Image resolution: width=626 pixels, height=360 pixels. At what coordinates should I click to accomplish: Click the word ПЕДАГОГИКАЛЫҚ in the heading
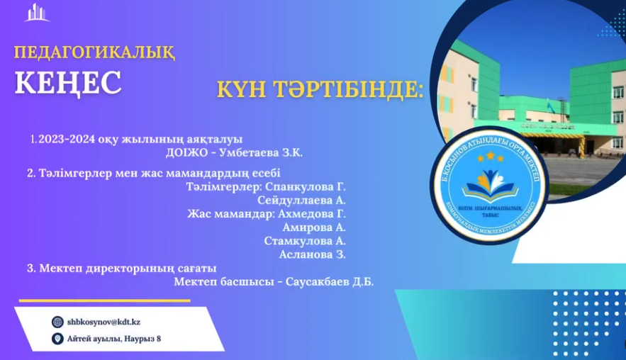(x=94, y=52)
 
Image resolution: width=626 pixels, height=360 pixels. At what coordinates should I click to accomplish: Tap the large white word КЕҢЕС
(x=68, y=82)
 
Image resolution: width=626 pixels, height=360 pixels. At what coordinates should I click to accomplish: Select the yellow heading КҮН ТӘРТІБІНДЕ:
(x=320, y=90)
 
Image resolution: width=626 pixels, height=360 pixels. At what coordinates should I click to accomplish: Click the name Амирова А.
(x=313, y=227)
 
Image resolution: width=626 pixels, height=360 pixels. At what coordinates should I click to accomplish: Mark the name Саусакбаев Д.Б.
(x=330, y=281)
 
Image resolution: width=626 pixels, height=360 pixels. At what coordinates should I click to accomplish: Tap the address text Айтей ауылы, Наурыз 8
(x=114, y=339)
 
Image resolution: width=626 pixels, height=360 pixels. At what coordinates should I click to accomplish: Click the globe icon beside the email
(x=57, y=322)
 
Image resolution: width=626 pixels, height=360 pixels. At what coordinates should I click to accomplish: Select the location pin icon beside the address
(x=57, y=339)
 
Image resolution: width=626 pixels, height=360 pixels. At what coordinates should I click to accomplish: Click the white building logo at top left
(x=37, y=13)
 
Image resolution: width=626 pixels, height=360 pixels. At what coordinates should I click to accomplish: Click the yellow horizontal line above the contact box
(x=104, y=300)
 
